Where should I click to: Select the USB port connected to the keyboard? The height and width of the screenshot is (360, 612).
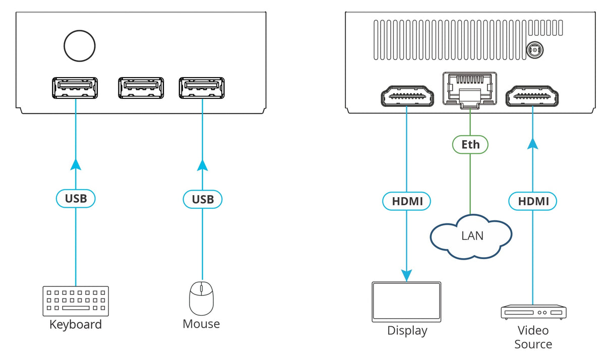tap(75, 88)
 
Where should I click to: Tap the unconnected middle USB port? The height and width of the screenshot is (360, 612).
tap(141, 88)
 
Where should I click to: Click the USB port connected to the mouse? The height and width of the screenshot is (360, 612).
tap(202, 88)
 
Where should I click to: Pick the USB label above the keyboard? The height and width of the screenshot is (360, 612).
tap(76, 199)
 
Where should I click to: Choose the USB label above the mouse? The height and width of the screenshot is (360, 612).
tap(203, 199)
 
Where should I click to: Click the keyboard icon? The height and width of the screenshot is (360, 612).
tap(76, 301)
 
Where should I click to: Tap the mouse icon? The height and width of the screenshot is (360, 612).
tap(201, 298)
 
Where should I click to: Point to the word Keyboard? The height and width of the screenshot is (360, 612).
tap(76, 324)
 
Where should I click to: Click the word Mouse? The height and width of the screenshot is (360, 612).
tap(201, 324)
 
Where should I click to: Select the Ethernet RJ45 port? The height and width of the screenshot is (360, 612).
tap(470, 89)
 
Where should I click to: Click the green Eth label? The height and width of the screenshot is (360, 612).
tap(470, 145)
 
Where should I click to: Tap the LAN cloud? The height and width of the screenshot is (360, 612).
tap(471, 236)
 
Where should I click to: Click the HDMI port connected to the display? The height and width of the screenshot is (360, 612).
tap(406, 96)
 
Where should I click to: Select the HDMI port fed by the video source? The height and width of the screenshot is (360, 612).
tap(532, 96)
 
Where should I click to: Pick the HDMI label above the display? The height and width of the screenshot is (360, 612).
tap(406, 202)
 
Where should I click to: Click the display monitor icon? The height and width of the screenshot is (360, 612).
tap(406, 302)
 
